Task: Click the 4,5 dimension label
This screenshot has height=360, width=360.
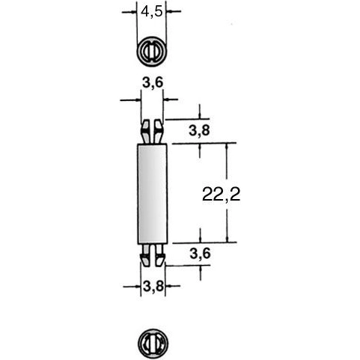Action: [x=153, y=12]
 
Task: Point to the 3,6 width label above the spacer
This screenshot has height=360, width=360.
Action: [x=153, y=84]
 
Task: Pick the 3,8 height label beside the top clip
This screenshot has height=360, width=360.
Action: [x=198, y=131]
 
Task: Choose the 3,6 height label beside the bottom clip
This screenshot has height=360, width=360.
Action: [x=198, y=254]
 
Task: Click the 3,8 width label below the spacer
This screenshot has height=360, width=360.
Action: [x=153, y=284]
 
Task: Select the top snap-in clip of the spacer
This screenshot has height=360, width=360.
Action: [x=153, y=130]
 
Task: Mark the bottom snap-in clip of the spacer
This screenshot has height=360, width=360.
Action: [x=153, y=255]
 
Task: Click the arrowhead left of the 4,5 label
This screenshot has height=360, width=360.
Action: [x=133, y=12]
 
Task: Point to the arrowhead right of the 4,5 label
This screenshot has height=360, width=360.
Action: [x=171, y=12]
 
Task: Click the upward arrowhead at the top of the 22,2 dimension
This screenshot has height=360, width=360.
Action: [x=225, y=147]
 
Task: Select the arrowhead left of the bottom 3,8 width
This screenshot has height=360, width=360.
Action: [x=135, y=284]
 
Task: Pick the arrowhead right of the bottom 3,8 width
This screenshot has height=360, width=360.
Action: [x=169, y=284]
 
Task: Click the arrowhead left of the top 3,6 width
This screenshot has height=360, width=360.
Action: [x=136, y=98]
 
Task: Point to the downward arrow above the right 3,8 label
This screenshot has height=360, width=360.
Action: [x=198, y=114]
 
